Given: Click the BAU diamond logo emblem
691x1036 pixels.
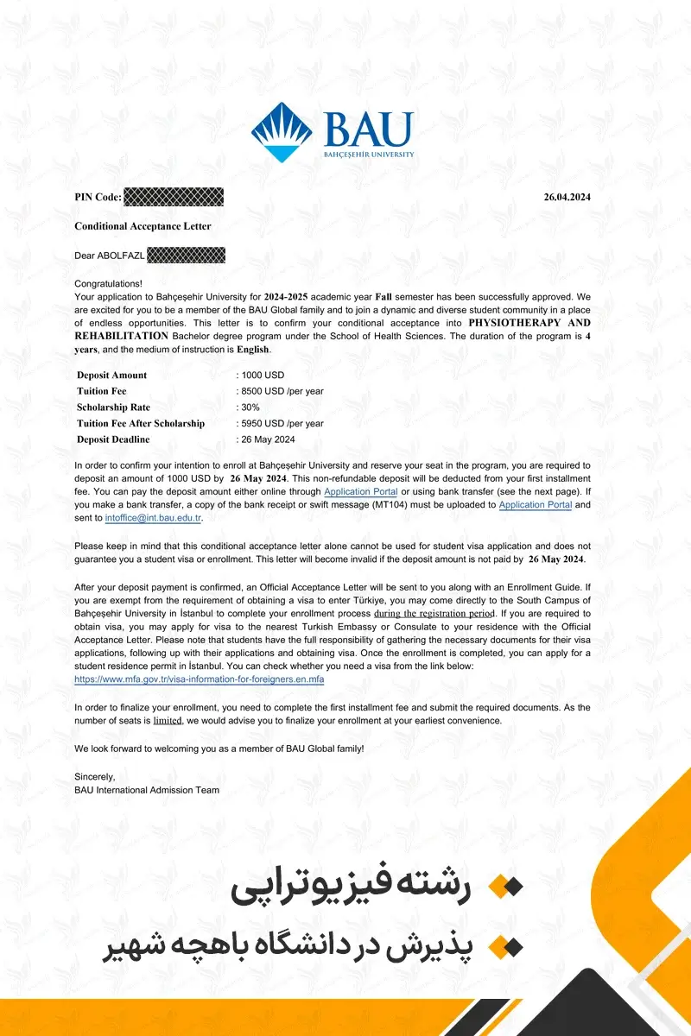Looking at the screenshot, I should tap(282, 132).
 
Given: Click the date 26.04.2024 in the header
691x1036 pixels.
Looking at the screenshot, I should tap(567, 197).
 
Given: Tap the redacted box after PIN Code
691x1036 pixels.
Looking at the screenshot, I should tap(174, 197).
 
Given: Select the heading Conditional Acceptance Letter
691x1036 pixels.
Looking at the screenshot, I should tap(143, 226).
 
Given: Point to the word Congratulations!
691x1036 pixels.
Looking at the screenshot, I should tap(108, 283).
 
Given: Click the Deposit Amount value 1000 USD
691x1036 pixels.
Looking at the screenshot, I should tap(263, 375).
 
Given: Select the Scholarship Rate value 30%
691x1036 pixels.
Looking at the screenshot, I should tap(250, 407).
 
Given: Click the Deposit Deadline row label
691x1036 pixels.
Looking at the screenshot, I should tap(113, 439).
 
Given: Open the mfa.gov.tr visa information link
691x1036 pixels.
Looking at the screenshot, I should tap(199, 679).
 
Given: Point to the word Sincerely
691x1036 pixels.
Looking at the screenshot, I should tap(95, 776).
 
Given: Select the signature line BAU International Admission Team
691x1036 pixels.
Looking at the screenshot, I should tap(147, 790).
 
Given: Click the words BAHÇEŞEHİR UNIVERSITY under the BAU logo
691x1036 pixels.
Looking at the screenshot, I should tap(369, 155).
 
